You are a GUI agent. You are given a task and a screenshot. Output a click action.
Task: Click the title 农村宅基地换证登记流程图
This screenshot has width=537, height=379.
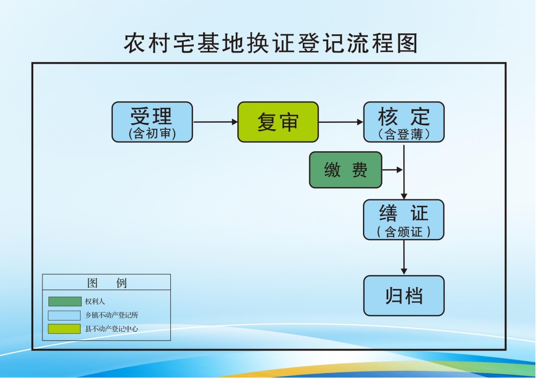pyautogui.click(x=271, y=43)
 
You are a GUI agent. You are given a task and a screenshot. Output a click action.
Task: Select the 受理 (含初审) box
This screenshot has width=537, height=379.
pyautogui.click(x=152, y=122)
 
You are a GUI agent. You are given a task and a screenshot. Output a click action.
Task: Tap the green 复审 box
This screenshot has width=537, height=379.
pyautogui.click(x=278, y=122)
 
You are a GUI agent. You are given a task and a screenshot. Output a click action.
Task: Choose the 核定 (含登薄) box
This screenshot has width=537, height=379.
pyautogui.click(x=404, y=122)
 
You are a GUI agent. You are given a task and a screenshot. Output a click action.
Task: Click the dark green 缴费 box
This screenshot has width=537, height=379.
pyautogui.click(x=345, y=170)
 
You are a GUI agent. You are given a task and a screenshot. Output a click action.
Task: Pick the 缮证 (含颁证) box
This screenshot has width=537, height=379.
pyautogui.click(x=404, y=219)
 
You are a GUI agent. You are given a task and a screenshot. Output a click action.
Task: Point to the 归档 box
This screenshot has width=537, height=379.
pyautogui.click(x=404, y=295)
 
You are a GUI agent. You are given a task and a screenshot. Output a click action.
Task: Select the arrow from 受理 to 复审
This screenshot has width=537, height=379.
pyautogui.click(x=215, y=122)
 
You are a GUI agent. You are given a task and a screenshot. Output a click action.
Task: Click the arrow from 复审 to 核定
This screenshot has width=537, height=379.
pyautogui.click(x=341, y=122)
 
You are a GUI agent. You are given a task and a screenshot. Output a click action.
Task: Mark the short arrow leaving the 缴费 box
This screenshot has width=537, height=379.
pyautogui.click(x=392, y=170)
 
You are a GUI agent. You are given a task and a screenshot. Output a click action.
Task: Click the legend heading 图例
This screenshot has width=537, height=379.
pyautogui.click(x=106, y=283)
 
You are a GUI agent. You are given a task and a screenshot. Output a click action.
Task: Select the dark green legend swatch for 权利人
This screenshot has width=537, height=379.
pyautogui.click(x=64, y=301)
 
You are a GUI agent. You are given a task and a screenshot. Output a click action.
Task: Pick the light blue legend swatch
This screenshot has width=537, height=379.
pyautogui.click(x=64, y=315)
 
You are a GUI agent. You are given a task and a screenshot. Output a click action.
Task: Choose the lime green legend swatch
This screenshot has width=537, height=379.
pyautogui.click(x=64, y=329)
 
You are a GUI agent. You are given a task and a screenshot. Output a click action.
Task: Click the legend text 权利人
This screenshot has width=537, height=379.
pyautogui.click(x=95, y=301)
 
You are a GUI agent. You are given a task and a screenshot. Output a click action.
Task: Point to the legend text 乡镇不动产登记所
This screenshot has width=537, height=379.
pyautogui.click(x=112, y=315)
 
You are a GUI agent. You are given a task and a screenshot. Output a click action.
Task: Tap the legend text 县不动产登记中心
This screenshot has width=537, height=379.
pyautogui.click(x=112, y=329)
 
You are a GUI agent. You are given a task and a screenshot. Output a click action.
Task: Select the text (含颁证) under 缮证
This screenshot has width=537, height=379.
pyautogui.click(x=404, y=232)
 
